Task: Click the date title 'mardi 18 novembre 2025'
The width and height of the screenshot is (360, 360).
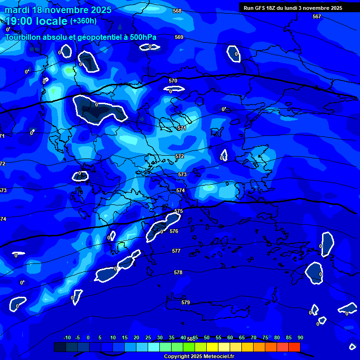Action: point(58,10)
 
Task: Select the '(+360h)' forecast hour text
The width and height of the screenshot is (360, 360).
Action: point(83,21)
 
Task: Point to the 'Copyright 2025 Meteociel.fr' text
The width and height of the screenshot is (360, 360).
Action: point(199,356)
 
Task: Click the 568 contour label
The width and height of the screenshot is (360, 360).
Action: point(177,11)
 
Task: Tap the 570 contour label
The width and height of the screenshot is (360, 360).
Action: point(173,81)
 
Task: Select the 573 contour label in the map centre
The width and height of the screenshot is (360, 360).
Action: point(182,174)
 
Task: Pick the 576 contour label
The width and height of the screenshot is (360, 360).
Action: point(174,231)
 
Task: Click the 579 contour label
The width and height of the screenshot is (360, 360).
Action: point(186,302)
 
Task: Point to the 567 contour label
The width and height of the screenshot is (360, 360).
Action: point(317,16)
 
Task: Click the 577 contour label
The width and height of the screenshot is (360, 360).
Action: point(176,251)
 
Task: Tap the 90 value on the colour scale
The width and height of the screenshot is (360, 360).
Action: point(300,337)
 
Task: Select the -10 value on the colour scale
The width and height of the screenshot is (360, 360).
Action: point(67,337)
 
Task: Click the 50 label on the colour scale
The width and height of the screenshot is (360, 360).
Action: point(206,337)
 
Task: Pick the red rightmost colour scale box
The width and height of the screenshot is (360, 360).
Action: point(294,347)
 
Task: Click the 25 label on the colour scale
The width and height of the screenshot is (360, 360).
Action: point(148,337)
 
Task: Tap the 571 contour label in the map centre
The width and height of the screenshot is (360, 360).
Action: point(182,128)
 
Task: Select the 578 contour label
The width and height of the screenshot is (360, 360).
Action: point(178,272)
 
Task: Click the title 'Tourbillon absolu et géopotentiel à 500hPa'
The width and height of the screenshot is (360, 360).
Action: point(81,37)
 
